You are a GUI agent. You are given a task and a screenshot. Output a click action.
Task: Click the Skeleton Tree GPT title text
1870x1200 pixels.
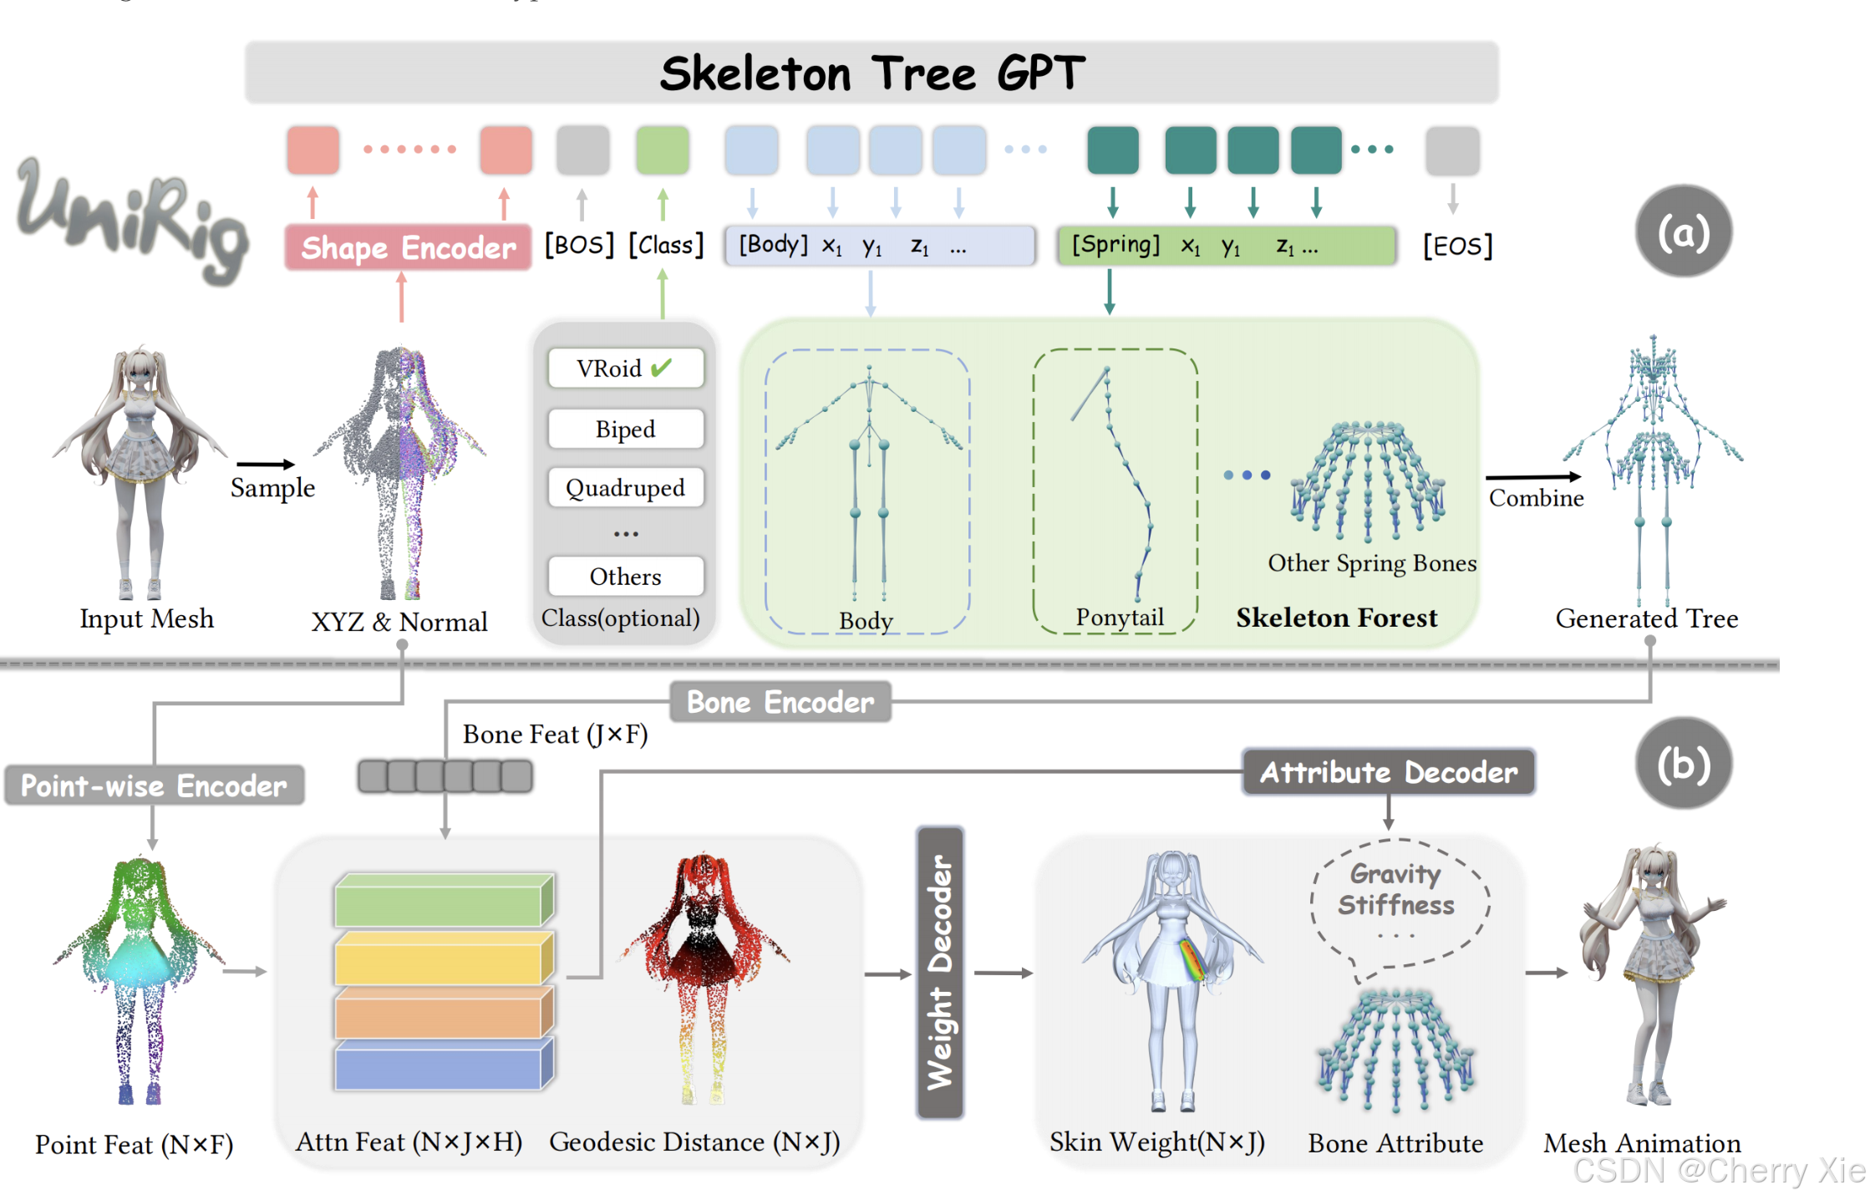pyautogui.click(x=871, y=73)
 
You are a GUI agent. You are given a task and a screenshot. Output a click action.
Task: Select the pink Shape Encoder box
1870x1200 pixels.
pyautogui.click(x=408, y=247)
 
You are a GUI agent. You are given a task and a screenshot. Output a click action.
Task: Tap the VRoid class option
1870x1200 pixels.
pyautogui.click(x=625, y=368)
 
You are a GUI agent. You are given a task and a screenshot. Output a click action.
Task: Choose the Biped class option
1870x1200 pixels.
pyautogui.click(x=625, y=429)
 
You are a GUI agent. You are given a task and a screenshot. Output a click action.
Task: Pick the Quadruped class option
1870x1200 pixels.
pyautogui.click(x=625, y=487)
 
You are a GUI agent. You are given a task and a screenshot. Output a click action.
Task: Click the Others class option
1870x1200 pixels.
pyautogui.click(x=625, y=576)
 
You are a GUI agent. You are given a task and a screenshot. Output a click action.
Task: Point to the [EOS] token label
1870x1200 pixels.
pyautogui.click(x=1457, y=246)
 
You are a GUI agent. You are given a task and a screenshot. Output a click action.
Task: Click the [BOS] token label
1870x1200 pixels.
pyautogui.click(x=579, y=245)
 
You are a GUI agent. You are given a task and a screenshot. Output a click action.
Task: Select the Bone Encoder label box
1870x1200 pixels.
pyautogui.click(x=780, y=702)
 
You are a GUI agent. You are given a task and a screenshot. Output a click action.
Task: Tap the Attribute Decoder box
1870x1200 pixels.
pyautogui.click(x=1388, y=772)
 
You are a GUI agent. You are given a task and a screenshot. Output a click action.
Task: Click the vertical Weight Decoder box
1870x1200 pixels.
pyautogui.click(x=940, y=973)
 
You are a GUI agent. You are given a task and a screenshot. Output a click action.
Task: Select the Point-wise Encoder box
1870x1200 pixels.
pyautogui.click(x=154, y=786)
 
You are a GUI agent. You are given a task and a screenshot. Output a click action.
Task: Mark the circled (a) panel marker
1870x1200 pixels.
pyautogui.click(x=1683, y=231)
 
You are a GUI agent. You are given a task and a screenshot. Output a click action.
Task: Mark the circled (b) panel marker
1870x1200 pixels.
pyautogui.click(x=1683, y=764)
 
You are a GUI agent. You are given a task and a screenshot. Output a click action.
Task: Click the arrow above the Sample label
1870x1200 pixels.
pyautogui.click(x=266, y=464)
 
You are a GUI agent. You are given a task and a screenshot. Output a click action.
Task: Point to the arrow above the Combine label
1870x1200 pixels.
pyautogui.click(x=1533, y=476)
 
